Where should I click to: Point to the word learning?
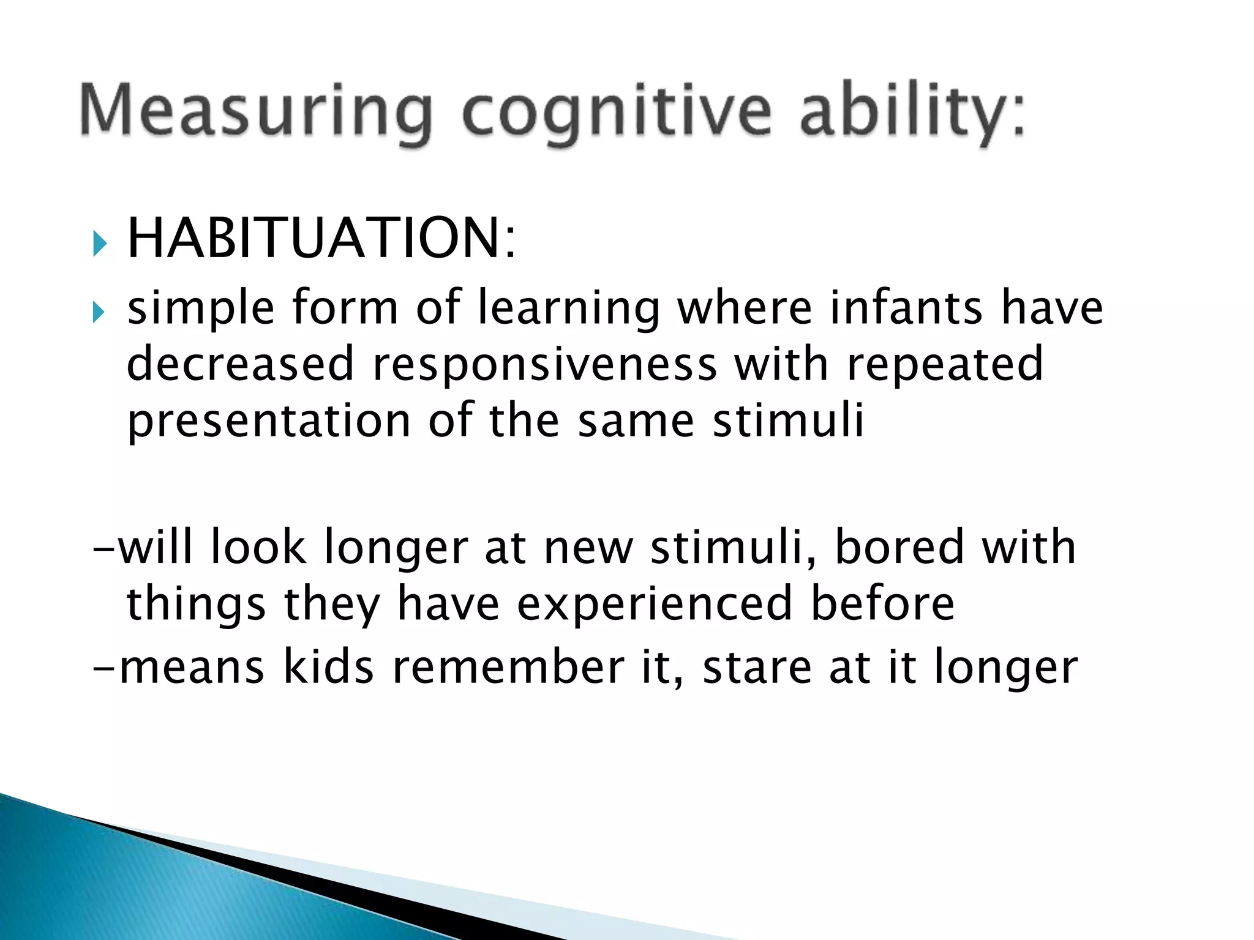pyautogui.click(x=569, y=308)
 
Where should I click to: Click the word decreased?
pyautogui.click(x=240, y=364)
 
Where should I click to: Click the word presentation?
pyautogui.click(x=268, y=422)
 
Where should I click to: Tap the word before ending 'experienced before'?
pyautogui.click(x=882, y=603)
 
